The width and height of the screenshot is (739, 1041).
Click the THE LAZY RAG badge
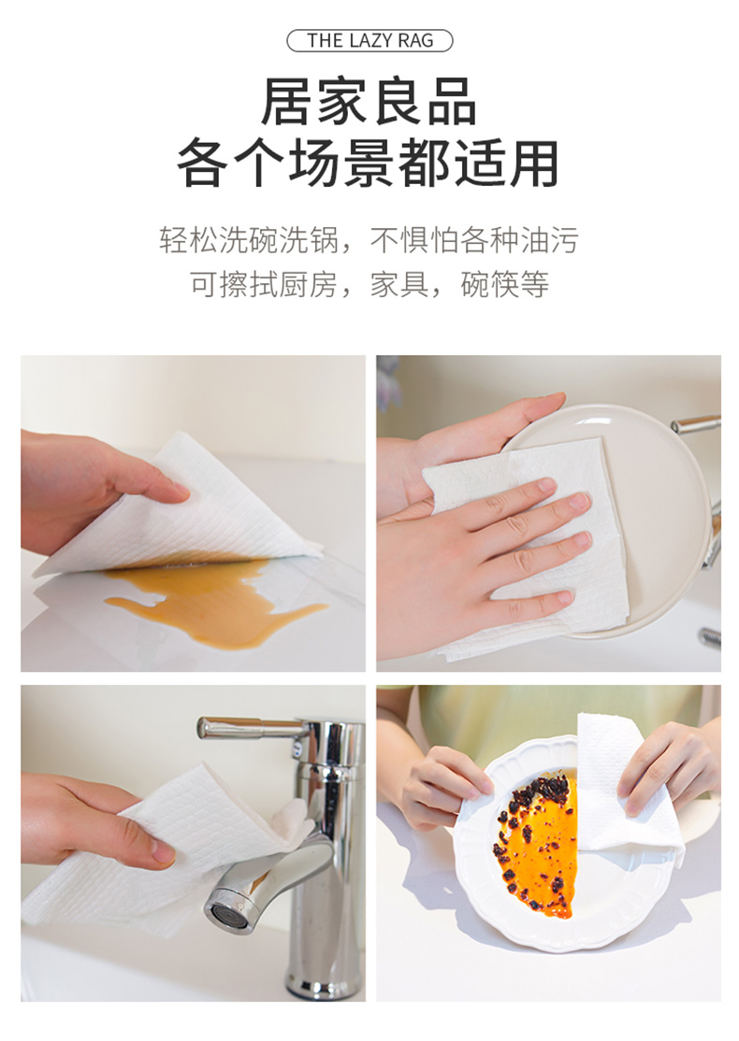coord(369,40)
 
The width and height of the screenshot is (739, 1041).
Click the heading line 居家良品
coord(369,102)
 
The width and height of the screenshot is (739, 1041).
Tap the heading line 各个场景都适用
coord(369,164)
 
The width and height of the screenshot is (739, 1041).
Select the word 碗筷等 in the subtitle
coord(504,284)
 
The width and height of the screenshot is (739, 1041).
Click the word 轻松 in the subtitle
coord(189,239)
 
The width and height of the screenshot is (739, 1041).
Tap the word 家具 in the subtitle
coord(399,284)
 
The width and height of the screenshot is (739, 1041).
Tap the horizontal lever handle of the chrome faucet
coord(253,728)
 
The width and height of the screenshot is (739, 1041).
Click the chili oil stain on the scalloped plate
coord(535,843)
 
